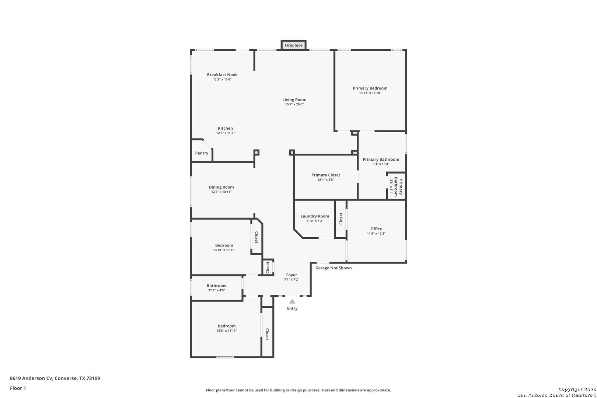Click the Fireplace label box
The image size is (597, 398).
click(x=293, y=45)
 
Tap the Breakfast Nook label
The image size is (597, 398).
click(x=222, y=75)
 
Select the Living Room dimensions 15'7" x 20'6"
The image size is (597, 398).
click(x=294, y=104)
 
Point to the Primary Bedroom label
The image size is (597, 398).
click(x=370, y=88)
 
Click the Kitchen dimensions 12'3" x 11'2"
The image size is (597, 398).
click(x=226, y=133)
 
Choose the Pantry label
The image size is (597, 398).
click(x=202, y=153)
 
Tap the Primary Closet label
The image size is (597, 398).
click(x=326, y=175)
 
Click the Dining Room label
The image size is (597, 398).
click(x=221, y=187)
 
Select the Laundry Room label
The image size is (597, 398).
click(x=315, y=216)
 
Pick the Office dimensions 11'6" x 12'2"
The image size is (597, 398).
click(x=376, y=234)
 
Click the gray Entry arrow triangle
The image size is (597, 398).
click(x=292, y=301)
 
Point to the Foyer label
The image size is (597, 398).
click(x=291, y=275)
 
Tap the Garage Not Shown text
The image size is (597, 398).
click(x=334, y=268)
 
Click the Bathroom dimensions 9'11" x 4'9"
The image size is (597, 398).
click(x=217, y=290)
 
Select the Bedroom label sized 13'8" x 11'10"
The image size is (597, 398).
click(x=227, y=326)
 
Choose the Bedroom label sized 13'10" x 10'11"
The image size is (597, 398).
click(x=224, y=245)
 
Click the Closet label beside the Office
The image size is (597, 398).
click(x=341, y=219)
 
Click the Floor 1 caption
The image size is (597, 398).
click(x=18, y=388)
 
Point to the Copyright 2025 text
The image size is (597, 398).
click(x=577, y=390)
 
